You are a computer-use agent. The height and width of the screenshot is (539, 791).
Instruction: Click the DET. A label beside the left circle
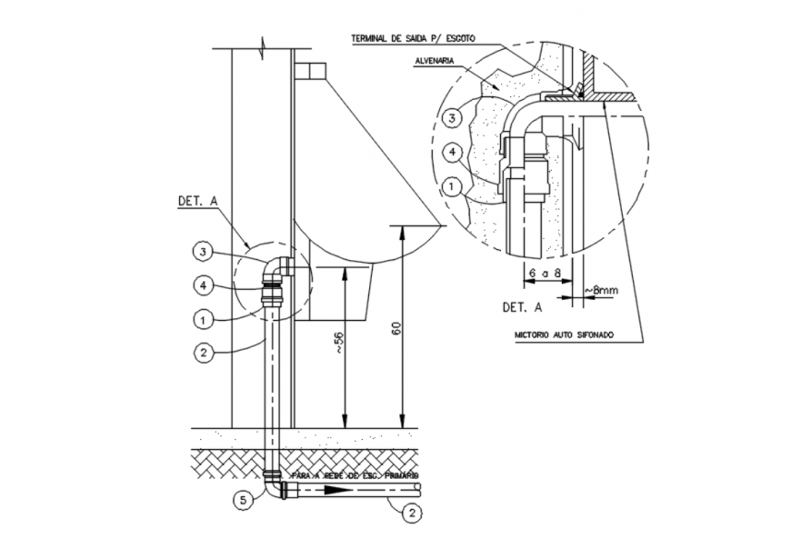point(197,203)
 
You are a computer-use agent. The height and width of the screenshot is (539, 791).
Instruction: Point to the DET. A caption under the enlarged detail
point(522,307)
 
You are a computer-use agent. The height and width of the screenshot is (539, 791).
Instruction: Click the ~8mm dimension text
point(601,290)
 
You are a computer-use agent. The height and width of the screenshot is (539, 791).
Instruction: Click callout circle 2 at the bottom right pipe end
point(411,513)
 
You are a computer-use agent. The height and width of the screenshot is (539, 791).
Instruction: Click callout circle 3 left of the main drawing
point(204,253)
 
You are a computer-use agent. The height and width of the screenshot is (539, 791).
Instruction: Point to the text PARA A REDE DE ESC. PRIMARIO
point(355,475)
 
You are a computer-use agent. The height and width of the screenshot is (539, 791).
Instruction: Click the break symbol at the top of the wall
point(263,47)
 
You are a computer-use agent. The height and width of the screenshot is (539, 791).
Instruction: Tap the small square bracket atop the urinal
point(309,70)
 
